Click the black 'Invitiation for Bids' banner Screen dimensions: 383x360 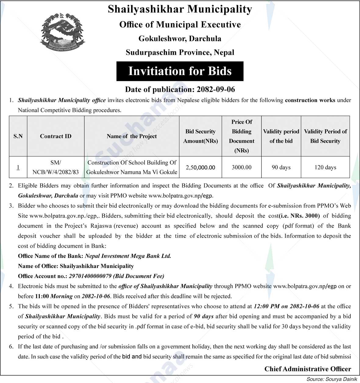tap(180, 71)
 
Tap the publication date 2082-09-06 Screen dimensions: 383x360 tap(216, 89)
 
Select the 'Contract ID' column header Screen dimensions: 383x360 tap(55, 136)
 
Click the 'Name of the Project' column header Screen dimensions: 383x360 tap(132, 136)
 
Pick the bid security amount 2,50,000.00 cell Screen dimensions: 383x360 tap(200, 167)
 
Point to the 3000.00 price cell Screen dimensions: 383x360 tap(241, 167)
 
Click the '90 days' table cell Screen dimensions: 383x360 tap(281, 167)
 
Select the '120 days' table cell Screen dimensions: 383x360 tap(325, 167)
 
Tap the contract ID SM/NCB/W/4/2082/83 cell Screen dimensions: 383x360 tap(55, 167)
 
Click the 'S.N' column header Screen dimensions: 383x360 tap(18, 136)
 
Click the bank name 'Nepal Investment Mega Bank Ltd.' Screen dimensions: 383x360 tap(128, 256)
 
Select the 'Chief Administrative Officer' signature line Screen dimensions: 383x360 tap(308, 369)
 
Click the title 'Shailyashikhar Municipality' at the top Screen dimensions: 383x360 tap(180, 9)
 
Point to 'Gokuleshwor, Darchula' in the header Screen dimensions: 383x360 tap(180, 39)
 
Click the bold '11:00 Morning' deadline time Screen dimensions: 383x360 tap(54, 296)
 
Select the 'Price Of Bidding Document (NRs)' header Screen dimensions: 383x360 tap(241, 136)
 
